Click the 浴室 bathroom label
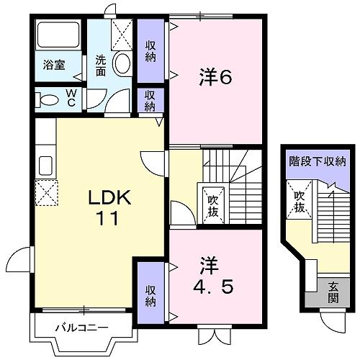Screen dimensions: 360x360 pyautogui.click(x=54, y=65)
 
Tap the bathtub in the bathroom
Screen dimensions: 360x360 pyautogui.click(x=58, y=35)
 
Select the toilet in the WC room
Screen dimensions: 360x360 pyautogui.click(x=47, y=100)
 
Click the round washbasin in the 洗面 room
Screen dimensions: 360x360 pyautogui.click(x=122, y=63)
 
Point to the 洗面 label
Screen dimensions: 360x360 pyautogui.click(x=101, y=66)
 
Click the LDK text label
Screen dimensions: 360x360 pyautogui.click(x=109, y=197)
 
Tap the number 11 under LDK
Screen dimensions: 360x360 pyautogui.click(x=107, y=218)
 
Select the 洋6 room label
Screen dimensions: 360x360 pyautogui.click(x=215, y=77)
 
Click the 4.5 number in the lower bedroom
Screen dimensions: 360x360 pyautogui.click(x=213, y=287)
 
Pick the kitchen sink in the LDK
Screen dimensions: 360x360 pyautogui.click(x=45, y=166)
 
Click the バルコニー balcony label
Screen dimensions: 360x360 pyautogui.click(x=82, y=328)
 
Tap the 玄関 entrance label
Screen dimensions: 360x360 pyautogui.click(x=333, y=292)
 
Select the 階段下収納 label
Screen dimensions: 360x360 pyautogui.click(x=318, y=161)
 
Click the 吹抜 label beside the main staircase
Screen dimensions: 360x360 pyautogui.click(x=213, y=206)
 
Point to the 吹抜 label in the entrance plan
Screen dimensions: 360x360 pyautogui.click(x=300, y=202)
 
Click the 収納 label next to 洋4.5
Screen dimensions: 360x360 pyautogui.click(x=150, y=296)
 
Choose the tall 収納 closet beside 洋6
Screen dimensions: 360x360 pyautogui.click(x=150, y=51)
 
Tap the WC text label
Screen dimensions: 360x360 pyautogui.click(x=71, y=98)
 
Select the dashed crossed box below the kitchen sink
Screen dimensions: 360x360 pyautogui.click(x=47, y=192)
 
